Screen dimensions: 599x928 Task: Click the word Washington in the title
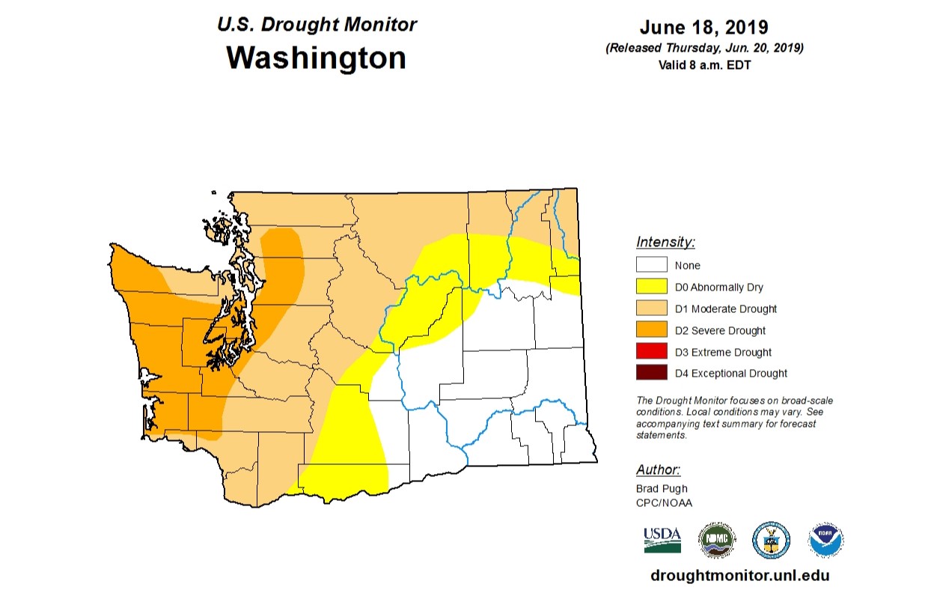point(316,58)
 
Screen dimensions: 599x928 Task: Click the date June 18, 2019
point(703,28)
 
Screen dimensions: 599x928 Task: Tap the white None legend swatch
point(650,265)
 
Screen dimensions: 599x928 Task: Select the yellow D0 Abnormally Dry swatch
point(650,287)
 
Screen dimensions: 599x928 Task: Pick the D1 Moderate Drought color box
point(650,308)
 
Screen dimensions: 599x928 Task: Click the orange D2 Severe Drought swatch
point(650,330)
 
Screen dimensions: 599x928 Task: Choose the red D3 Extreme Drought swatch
point(650,352)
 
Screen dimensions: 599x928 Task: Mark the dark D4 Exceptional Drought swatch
point(650,373)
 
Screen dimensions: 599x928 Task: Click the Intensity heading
point(665,242)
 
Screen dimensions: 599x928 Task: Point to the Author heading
point(658,470)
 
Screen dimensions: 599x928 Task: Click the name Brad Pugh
point(661,489)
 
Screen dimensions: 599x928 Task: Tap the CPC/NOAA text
point(664,502)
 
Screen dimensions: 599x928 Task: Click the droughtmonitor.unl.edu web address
point(740,576)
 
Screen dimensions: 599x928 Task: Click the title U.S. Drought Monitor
point(317,24)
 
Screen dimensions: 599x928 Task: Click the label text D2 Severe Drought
point(720,330)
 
